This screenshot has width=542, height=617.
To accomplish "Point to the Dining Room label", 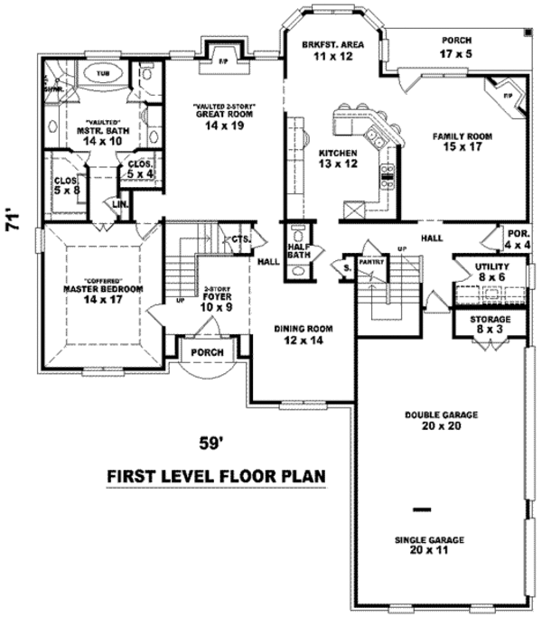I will (x=304, y=333).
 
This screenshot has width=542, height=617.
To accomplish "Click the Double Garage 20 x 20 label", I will (x=441, y=420).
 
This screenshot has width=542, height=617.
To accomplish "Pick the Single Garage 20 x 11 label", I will (x=429, y=545).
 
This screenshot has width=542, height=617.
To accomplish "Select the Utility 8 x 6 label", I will (x=492, y=273).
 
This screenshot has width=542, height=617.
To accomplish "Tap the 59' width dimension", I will (x=210, y=443).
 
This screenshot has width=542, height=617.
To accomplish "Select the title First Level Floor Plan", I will (x=216, y=476).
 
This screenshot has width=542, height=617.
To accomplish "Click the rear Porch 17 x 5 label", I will (x=456, y=47).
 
